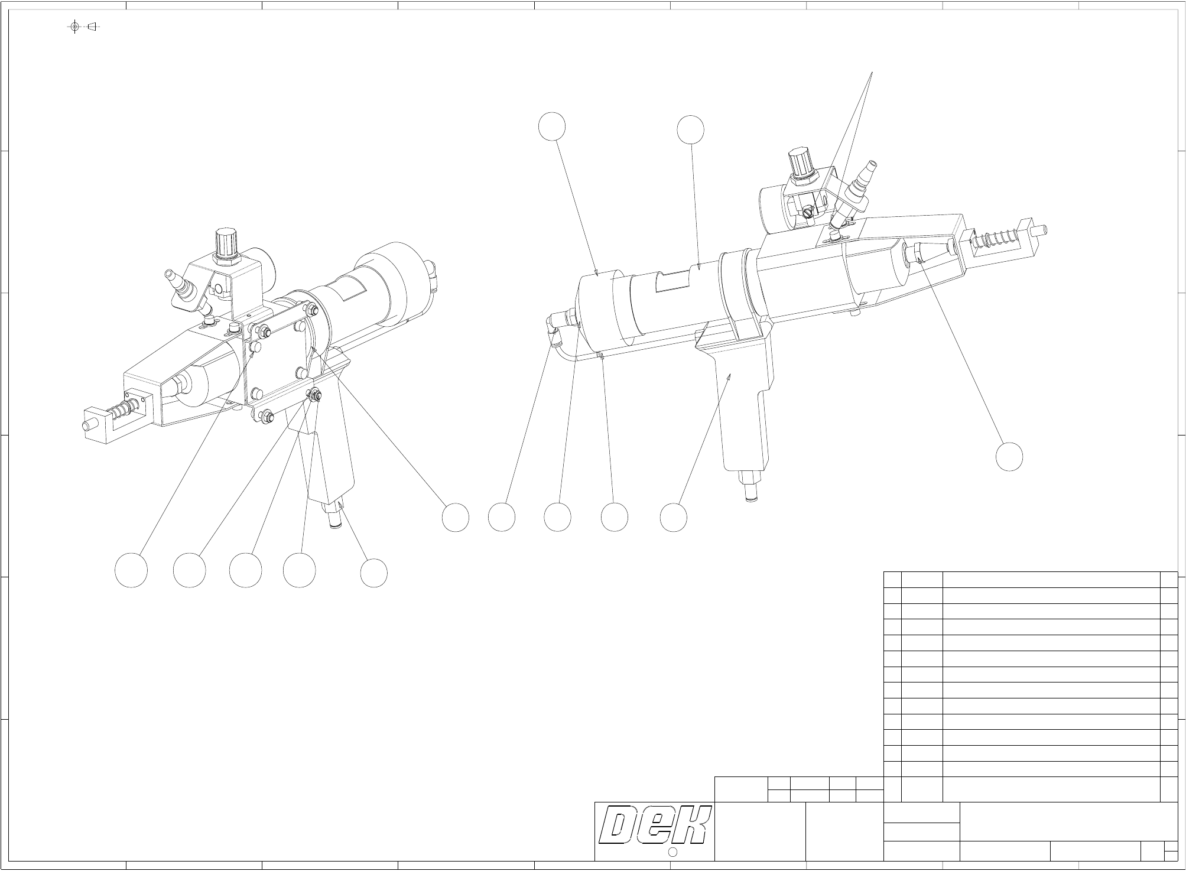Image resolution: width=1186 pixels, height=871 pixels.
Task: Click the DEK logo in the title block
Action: (654, 825)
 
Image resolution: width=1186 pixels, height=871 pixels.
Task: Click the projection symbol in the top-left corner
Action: (83, 27)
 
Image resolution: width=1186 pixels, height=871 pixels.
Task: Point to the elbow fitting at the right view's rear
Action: (554, 326)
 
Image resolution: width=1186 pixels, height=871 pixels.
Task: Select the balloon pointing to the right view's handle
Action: (674, 517)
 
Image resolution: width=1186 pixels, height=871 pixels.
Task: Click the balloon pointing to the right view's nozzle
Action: (1009, 457)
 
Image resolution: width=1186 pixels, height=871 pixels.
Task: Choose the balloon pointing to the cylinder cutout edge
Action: (690, 130)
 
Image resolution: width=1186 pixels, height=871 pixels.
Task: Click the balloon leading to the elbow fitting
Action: (502, 517)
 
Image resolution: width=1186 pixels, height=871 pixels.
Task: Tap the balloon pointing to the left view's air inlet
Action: (374, 573)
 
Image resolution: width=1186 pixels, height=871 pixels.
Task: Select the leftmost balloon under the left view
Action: (131, 570)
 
